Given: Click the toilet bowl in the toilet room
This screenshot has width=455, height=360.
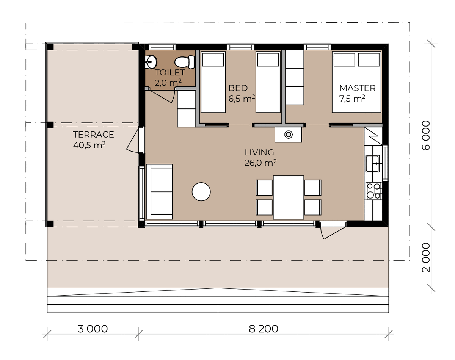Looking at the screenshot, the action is click(184, 62).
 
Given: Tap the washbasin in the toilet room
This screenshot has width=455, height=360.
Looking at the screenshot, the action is click(151, 62).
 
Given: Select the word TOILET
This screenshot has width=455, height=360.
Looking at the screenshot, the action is click(170, 72).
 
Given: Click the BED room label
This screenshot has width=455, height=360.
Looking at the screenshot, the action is click(238, 88).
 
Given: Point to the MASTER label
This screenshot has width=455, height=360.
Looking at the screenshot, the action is click(357, 88).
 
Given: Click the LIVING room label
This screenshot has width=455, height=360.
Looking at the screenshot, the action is click(259, 152).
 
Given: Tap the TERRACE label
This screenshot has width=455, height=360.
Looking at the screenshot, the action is click(93, 135).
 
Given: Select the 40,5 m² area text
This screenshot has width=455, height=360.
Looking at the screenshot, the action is click(89, 145).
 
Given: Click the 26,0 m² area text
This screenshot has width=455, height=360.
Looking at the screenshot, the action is click(260, 163).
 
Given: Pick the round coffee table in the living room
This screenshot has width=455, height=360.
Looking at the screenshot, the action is click(201, 192).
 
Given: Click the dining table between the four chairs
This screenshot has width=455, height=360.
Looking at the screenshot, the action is click(289, 197).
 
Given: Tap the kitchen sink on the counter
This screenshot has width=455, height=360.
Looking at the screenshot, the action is click(373, 163).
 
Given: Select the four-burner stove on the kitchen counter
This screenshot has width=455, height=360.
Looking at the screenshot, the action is click(373, 191).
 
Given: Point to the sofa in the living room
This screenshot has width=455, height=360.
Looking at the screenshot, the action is click(159, 192).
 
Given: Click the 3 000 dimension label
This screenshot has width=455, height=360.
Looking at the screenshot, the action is click(93, 329).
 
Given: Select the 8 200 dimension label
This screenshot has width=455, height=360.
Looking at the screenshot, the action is click(263, 329).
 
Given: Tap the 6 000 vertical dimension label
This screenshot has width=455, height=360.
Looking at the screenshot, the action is click(426, 135).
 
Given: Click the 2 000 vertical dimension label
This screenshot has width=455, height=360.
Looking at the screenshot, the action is click(426, 257).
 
